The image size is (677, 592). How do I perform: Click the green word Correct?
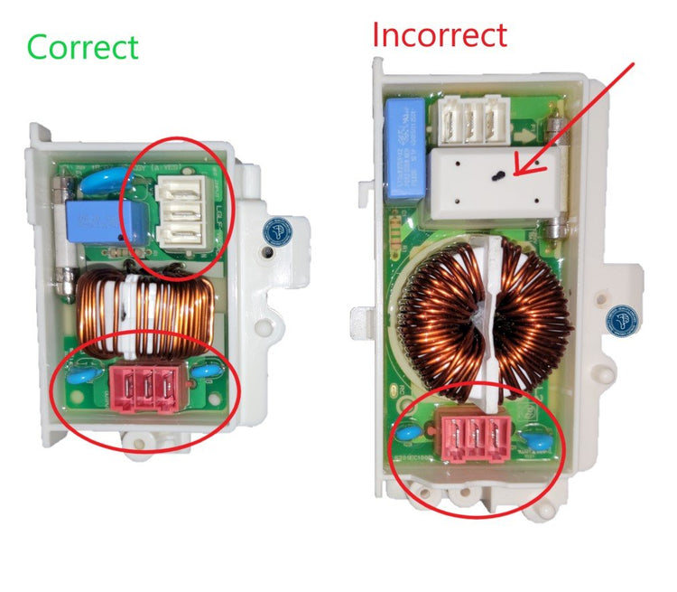tap(83, 47)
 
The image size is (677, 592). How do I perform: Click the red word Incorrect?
tap(440, 34)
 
